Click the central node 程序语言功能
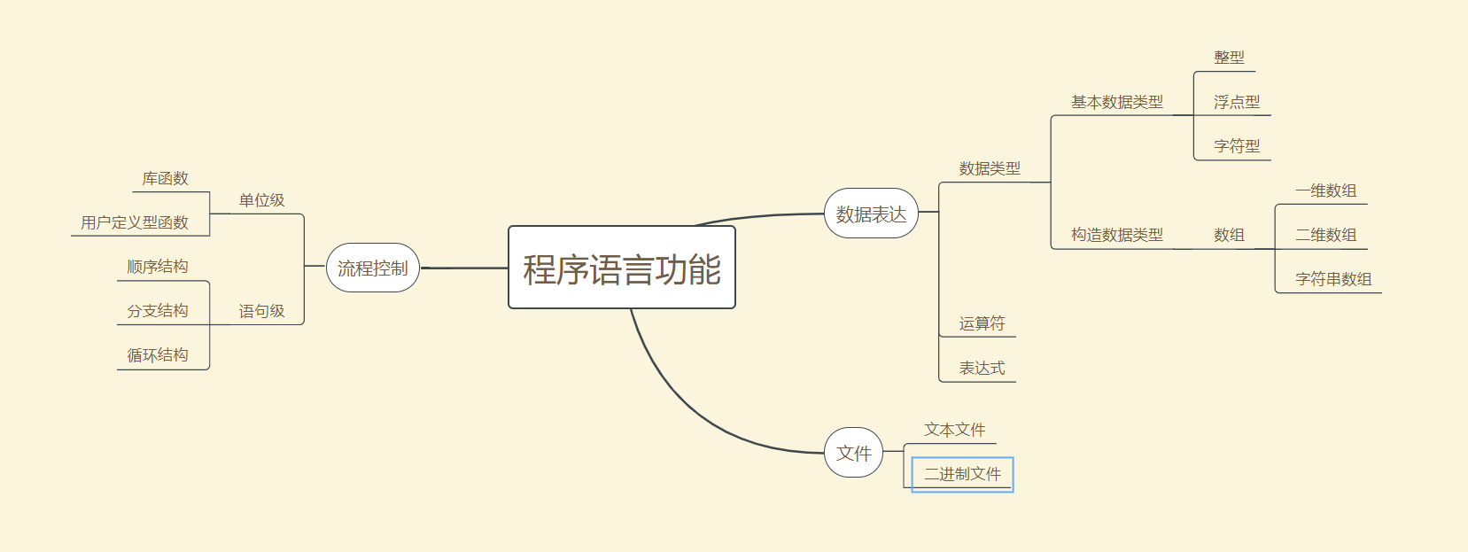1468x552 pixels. pyautogui.click(x=621, y=268)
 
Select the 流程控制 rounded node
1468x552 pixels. pyautogui.click(x=372, y=268)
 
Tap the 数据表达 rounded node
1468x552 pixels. pyautogui.click(x=871, y=214)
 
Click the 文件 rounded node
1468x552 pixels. pyautogui.click(x=853, y=453)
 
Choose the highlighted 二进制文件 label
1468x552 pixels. pyautogui.click(x=962, y=474)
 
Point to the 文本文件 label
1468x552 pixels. pyautogui.click(x=954, y=430)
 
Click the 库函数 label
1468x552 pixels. pyautogui.click(x=165, y=178)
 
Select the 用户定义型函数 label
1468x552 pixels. pyautogui.click(x=135, y=222)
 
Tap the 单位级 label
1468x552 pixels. pyautogui.click(x=261, y=200)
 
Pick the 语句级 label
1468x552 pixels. pyautogui.click(x=261, y=311)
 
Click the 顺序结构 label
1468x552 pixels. pyautogui.click(x=158, y=267)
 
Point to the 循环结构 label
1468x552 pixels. pyautogui.click(x=158, y=355)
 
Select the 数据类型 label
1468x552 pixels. pyautogui.click(x=990, y=168)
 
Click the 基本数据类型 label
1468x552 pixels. pyautogui.click(x=1116, y=102)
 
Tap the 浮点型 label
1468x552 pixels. pyautogui.click(x=1237, y=102)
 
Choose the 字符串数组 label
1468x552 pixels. pyautogui.click(x=1333, y=279)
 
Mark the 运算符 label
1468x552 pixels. pyautogui.click(x=982, y=323)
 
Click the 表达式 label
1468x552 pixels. pyautogui.click(x=982, y=368)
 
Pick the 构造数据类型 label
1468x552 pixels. pyautogui.click(x=1116, y=235)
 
